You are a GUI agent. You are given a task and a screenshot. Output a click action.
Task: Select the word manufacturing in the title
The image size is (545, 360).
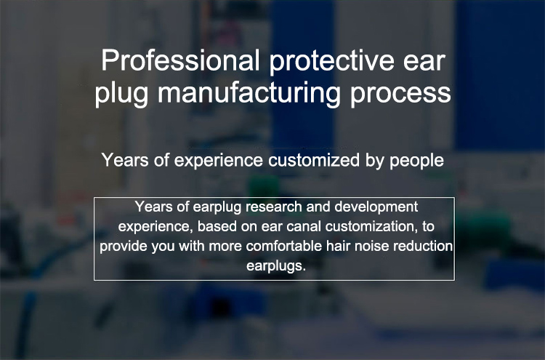[x=249, y=93]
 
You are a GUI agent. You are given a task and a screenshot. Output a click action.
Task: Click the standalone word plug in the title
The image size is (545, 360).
[x=121, y=94]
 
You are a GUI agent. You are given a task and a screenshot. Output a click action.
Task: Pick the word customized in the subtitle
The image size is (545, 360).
[x=314, y=160]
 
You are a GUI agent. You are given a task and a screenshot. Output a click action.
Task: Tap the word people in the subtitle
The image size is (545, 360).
[x=417, y=161]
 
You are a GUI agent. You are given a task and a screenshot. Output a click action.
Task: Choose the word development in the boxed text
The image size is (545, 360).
[x=376, y=208]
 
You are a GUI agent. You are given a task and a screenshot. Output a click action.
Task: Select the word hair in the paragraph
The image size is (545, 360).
[x=336, y=247]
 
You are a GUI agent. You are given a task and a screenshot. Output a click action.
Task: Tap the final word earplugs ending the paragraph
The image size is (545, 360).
[x=276, y=267]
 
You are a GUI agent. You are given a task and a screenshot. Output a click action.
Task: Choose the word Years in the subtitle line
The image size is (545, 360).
[x=125, y=160]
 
